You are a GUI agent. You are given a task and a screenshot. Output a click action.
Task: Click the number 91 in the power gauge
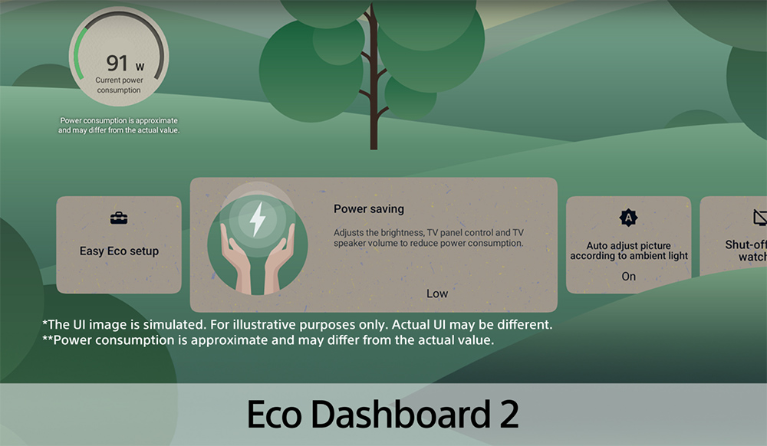point(117,63)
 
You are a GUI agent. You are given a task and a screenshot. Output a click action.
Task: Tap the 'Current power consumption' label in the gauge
point(118,85)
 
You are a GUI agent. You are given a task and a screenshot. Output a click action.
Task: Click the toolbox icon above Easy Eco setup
point(119,219)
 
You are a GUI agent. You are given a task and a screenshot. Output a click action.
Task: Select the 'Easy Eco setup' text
point(119,251)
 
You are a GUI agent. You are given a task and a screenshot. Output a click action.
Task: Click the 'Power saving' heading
point(368,208)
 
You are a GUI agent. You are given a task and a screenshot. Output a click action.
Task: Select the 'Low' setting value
point(437,294)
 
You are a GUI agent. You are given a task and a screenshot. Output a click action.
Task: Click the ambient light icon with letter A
point(629,218)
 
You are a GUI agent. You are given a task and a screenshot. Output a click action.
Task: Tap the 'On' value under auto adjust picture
point(629,277)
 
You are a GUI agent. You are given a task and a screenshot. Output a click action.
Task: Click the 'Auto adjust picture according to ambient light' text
point(629,251)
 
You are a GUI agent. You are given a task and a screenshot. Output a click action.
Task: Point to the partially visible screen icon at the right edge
point(760,218)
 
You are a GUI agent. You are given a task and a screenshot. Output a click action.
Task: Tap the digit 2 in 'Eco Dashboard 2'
point(506,414)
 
